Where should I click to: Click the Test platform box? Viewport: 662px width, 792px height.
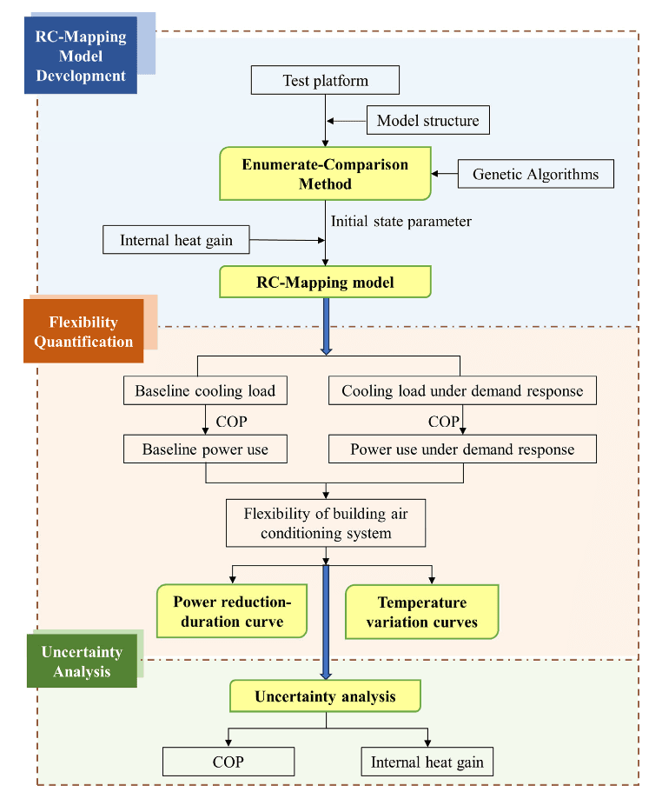click(325, 81)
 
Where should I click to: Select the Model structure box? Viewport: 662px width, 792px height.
click(427, 121)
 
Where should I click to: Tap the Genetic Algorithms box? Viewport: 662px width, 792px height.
click(535, 174)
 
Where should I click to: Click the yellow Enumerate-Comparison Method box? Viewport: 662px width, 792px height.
click(325, 174)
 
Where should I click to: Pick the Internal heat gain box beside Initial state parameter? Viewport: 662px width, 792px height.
click(175, 240)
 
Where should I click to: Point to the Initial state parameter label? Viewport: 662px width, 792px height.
click(401, 221)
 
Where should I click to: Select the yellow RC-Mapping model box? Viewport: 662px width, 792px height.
click(325, 283)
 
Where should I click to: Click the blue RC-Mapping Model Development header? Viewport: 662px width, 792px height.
click(81, 56)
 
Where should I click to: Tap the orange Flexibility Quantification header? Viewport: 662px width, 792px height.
click(83, 331)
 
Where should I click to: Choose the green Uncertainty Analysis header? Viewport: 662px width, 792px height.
click(82, 662)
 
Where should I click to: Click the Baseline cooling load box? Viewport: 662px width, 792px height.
click(205, 391)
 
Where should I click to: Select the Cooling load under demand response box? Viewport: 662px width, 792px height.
click(462, 391)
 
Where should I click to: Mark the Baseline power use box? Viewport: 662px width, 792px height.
click(205, 449)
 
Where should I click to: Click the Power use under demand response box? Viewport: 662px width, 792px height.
click(462, 449)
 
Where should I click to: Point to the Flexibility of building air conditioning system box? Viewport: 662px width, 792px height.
click(325, 523)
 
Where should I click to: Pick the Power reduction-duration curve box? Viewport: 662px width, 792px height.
click(232, 612)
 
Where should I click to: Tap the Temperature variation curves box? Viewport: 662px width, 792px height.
click(421, 612)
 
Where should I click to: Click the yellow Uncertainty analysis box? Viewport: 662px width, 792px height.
click(325, 696)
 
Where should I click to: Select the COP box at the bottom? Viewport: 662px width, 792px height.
click(228, 762)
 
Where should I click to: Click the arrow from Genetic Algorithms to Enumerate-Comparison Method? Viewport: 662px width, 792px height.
click(444, 174)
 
